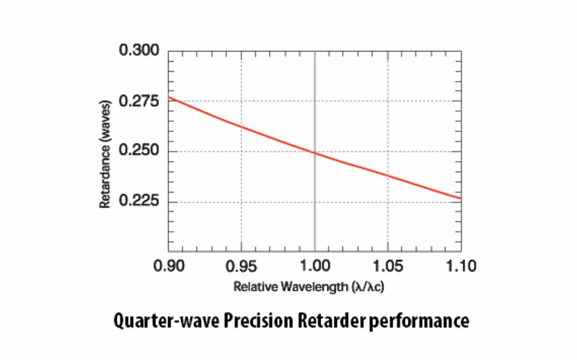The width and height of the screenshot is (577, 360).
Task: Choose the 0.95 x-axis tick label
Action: click(241, 266)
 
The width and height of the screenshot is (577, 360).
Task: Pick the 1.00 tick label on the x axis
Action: click(314, 266)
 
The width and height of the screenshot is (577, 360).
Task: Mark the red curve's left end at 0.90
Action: click(169, 97)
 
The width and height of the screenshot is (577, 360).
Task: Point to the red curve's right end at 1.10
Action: click(460, 198)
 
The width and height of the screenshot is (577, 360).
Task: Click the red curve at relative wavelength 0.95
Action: click(241, 127)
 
